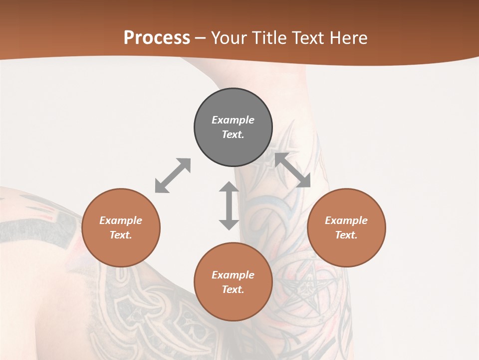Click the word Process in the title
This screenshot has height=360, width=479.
click(157, 38)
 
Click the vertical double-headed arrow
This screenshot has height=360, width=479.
click(229, 205)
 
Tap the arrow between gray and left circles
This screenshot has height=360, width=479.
click(173, 175)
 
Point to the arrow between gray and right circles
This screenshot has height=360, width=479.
click(292, 170)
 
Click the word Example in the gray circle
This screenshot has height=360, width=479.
click(233, 120)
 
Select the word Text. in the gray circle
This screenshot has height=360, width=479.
click(233, 134)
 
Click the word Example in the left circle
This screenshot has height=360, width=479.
click(121, 220)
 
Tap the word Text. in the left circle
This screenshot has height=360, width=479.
click(121, 235)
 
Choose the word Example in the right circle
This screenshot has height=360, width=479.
click(346, 220)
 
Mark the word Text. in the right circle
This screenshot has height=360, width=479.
click(346, 235)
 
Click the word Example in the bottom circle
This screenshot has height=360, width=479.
click(233, 275)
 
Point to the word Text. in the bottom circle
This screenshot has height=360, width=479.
click(233, 289)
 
